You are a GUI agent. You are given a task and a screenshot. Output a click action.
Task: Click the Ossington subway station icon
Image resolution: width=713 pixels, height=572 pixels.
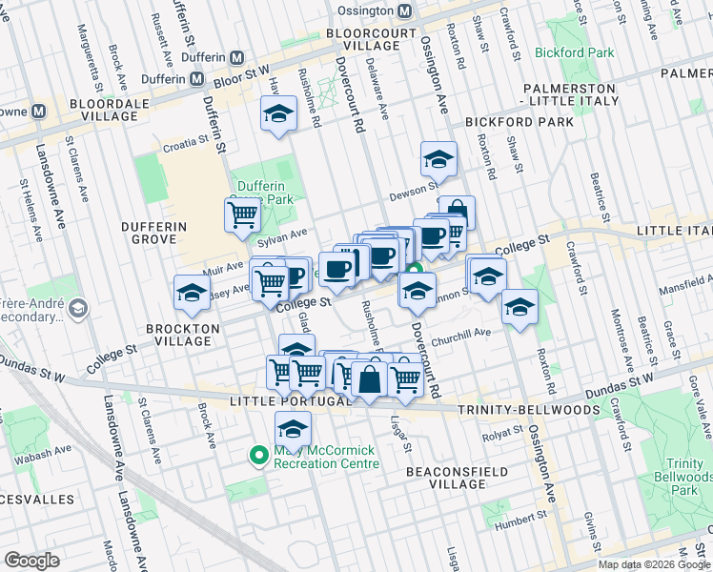point(405,10)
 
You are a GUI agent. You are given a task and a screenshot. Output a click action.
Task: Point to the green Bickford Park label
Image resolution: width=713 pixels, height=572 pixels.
point(575,52)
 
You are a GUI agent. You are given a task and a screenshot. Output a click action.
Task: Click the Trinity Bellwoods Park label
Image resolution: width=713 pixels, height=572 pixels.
point(680,477)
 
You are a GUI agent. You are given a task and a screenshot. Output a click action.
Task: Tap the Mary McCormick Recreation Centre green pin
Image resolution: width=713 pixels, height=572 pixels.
point(256,456)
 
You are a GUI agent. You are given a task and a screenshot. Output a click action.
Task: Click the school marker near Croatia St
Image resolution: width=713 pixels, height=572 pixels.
point(277,114)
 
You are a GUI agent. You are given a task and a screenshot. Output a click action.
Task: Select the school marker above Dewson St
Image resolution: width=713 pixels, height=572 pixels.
point(438,156)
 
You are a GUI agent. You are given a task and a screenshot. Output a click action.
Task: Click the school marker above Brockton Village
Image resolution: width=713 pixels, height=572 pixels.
point(192,292)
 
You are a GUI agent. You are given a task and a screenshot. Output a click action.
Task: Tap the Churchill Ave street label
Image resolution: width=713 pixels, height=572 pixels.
point(460,334)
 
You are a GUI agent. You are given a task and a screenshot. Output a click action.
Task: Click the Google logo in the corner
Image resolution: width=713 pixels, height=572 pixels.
point(31,561)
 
